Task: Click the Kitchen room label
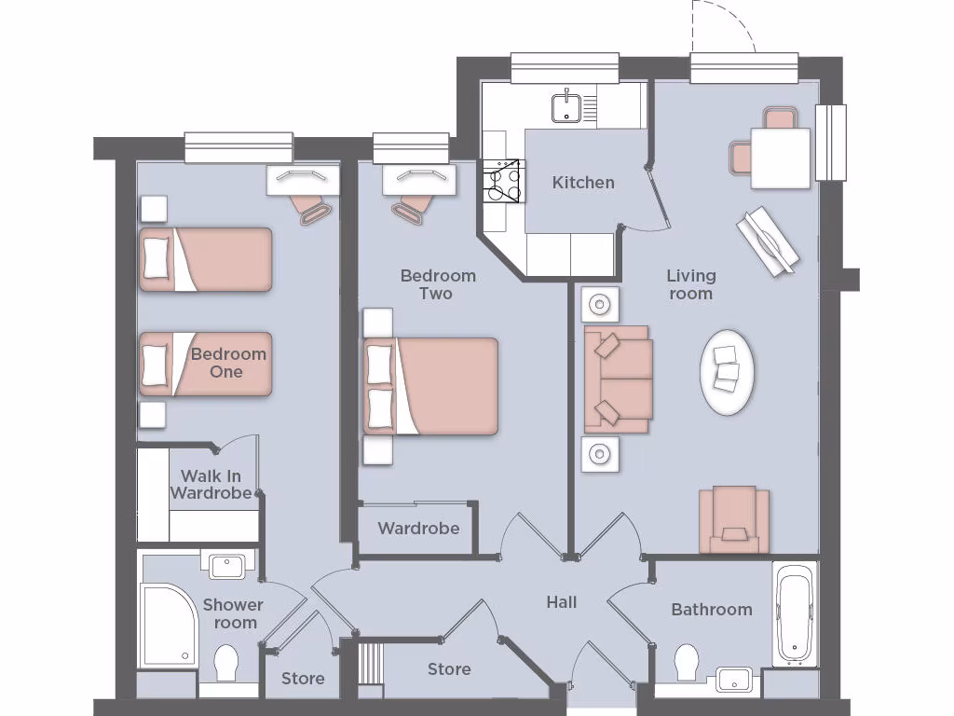coord(583,183)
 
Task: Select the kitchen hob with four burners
coord(501,181)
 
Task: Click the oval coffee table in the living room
coord(727,372)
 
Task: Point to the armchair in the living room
coord(734,518)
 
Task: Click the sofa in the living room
coord(617,379)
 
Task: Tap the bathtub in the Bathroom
coord(795,614)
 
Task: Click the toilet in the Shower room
coord(227,665)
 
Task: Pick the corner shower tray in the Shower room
coord(167,625)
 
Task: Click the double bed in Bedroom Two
coord(430,386)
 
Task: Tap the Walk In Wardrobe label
coord(211,485)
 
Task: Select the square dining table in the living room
coord(780,158)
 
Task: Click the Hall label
coord(561,602)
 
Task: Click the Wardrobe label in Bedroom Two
coord(418,529)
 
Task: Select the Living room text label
coord(690,284)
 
